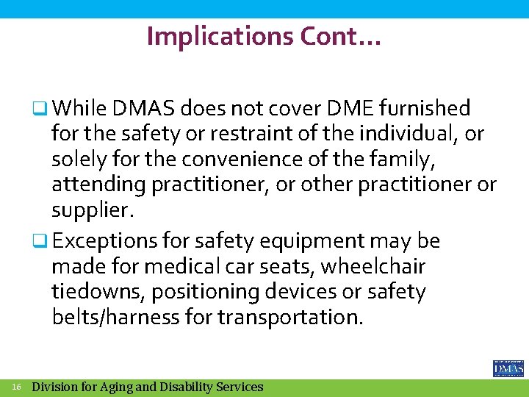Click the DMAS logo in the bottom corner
click(508, 368)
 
